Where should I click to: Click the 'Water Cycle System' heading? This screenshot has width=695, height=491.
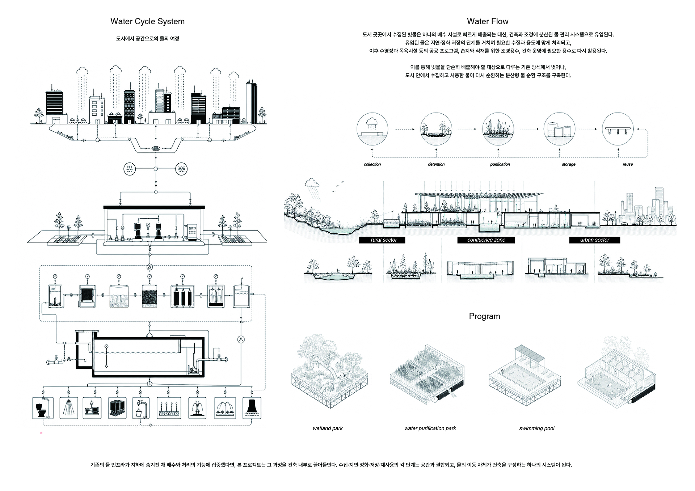coord(147,22)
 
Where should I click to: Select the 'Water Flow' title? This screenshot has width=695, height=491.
coord(488,21)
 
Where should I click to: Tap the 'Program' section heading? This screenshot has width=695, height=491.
coord(484,316)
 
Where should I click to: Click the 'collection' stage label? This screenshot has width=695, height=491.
coord(372,164)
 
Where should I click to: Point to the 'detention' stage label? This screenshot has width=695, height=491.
coord(436,164)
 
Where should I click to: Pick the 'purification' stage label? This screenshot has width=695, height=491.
coord(500,164)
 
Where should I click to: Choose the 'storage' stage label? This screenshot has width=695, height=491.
coord(569,164)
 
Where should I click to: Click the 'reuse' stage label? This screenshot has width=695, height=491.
coord(628,164)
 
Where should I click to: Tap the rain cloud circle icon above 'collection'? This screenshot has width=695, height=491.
coord(372,129)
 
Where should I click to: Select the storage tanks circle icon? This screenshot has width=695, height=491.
coord(560,129)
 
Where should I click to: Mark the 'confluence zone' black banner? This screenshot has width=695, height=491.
coord(486,240)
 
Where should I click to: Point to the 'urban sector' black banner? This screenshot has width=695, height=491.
coord(594,240)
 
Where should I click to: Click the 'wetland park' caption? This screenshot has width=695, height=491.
coord(328,428)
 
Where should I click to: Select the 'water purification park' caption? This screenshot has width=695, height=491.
coord(430,428)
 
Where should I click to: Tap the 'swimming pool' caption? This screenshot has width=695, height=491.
coord(537,428)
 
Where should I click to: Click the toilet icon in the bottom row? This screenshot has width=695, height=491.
coord(43,408)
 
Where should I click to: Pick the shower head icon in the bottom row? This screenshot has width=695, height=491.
coord(68,408)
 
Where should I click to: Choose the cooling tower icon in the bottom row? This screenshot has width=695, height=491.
coord(251,408)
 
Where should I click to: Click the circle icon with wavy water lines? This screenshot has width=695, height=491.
coord(181,169)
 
